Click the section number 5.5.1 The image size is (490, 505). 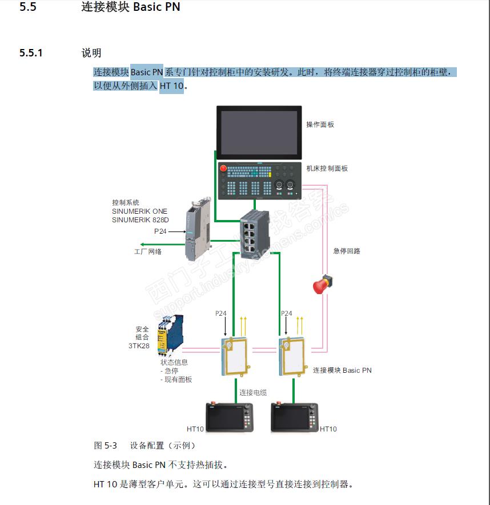tap(31, 53)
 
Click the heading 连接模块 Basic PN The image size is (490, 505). tap(131, 8)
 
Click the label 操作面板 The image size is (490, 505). tap(320, 124)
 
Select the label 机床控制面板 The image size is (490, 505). tap(327, 168)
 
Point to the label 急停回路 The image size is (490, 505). tap(347, 251)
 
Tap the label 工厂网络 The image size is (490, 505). tap(147, 251)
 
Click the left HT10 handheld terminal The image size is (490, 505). tap(230, 418)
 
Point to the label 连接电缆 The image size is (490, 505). tap(253, 392)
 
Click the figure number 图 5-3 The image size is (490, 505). tap(105, 445)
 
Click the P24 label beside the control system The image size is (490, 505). tap(160, 231)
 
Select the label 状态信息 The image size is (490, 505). tap(174, 362)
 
